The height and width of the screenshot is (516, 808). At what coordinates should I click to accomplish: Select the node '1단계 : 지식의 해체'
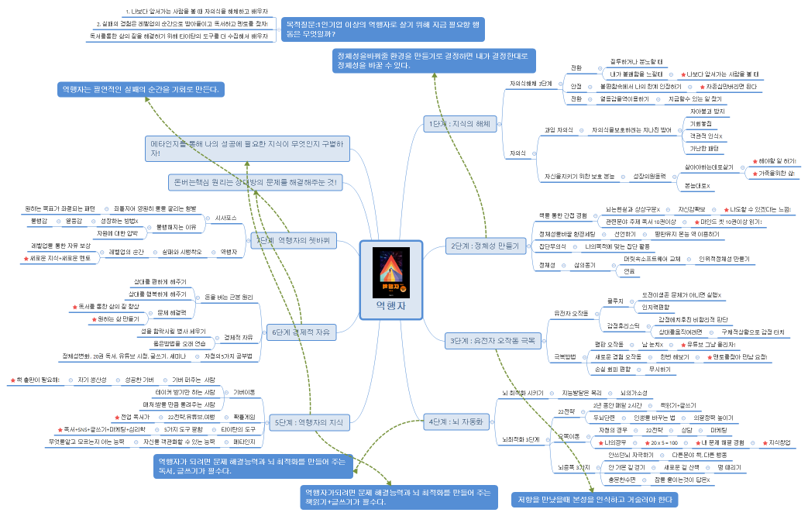click(459, 123)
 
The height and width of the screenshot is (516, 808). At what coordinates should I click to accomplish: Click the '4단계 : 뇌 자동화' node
click(456, 421)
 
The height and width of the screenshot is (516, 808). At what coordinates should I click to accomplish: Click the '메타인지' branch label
click(244, 442)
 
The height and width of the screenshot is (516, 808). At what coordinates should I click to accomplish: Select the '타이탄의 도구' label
click(238, 428)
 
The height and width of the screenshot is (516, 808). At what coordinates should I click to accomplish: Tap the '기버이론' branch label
click(243, 393)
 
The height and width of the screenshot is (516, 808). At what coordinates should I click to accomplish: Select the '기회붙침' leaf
click(700, 123)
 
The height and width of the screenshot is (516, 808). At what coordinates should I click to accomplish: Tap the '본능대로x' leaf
click(698, 186)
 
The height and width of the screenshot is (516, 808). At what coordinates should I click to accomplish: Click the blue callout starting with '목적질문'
click(383, 29)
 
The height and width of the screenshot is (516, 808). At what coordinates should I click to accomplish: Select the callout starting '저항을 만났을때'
click(593, 500)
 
